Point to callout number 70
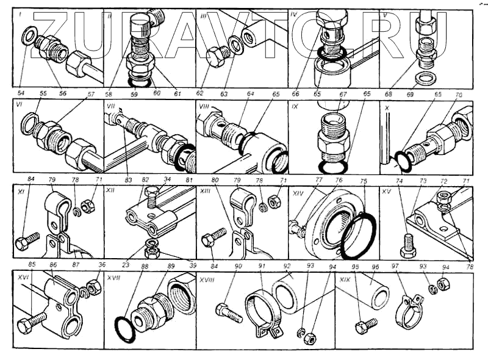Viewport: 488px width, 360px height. (x=459, y=95)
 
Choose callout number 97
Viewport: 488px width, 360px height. (x=395, y=267)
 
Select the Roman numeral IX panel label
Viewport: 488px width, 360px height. (x=295, y=106)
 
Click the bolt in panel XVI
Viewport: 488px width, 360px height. (x=31, y=322)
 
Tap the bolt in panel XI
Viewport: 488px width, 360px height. (x=27, y=240)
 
